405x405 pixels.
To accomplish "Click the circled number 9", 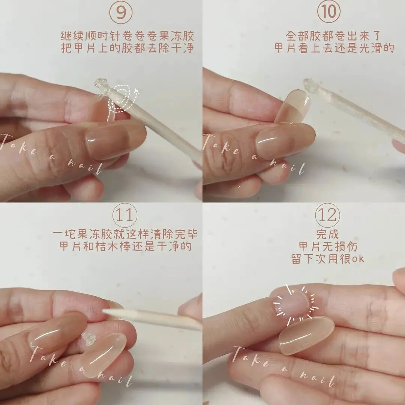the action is click(x=121, y=12).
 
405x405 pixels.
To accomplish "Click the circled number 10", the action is click(x=328, y=12).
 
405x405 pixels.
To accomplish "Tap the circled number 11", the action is click(x=125, y=215).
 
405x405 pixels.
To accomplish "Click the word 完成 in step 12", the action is click(x=327, y=234).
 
